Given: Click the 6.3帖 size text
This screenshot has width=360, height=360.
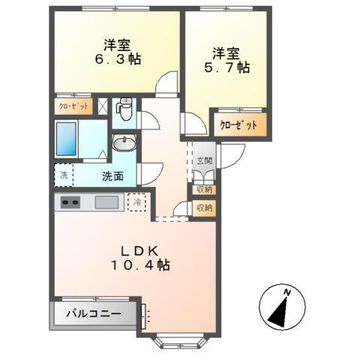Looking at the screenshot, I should pyautogui.click(x=117, y=58).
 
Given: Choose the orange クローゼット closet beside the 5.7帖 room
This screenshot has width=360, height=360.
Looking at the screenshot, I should pyautogui.click(x=239, y=125).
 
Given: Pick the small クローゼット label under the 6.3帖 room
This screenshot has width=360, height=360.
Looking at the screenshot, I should pyautogui.click(x=73, y=107).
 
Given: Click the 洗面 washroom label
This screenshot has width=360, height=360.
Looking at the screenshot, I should pyautogui.click(x=113, y=178).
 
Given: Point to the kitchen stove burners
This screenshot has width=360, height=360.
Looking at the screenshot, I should pyautogui.click(x=70, y=202).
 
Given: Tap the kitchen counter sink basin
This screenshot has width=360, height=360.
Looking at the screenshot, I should pyautogui.click(x=106, y=202).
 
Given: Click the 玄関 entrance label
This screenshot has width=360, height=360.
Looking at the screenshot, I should pyautogui.click(x=204, y=160).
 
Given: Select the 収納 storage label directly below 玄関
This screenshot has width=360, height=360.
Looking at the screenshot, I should pyautogui.click(x=203, y=190).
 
